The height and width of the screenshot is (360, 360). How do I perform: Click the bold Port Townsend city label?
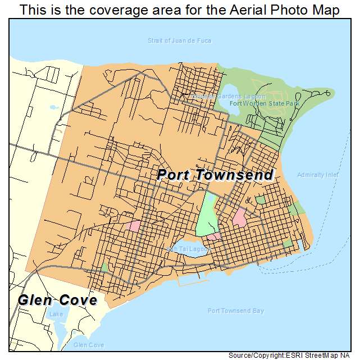tap(215, 175)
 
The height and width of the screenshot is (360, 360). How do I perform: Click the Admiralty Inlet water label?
tap(318, 175)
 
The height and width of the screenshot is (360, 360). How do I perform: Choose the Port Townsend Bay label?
tap(235, 311)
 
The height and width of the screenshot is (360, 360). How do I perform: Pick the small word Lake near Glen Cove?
tap(56, 315)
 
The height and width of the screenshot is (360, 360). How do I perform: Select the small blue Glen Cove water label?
tap(89, 345)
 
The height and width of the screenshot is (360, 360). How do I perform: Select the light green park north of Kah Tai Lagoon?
tap(206, 219)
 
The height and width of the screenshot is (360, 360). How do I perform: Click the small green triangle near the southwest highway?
tap(104, 267)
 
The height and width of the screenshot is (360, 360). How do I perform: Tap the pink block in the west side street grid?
tap(135, 225)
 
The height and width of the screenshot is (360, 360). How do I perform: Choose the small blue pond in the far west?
tap(53, 107)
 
